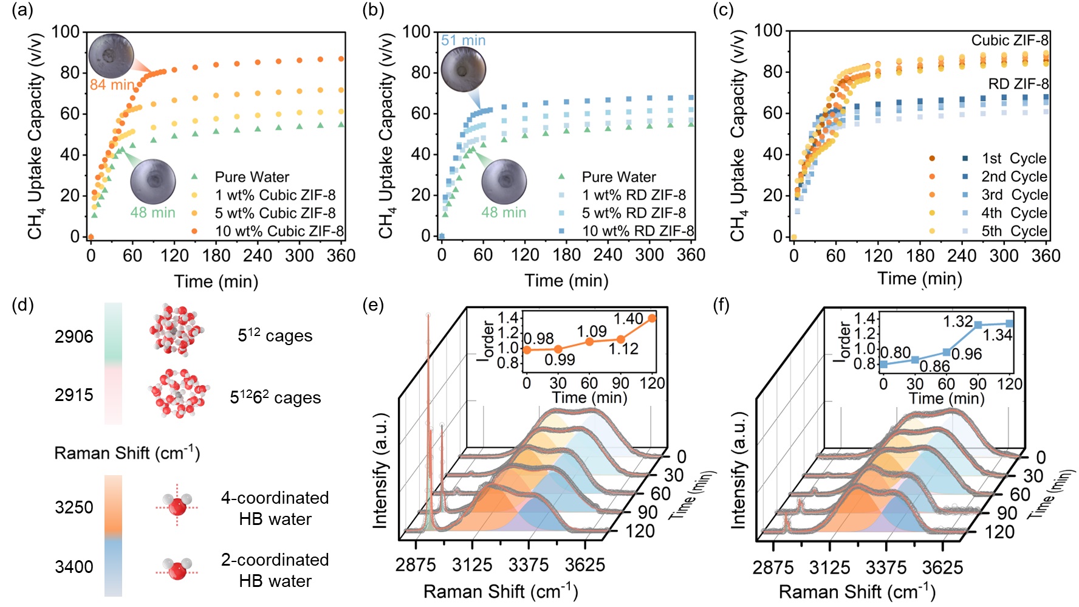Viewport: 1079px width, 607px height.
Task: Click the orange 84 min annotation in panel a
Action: coord(112,84)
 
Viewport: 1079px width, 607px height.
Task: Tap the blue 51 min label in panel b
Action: coord(463,41)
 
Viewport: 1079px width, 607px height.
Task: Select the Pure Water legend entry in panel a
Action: coord(252,177)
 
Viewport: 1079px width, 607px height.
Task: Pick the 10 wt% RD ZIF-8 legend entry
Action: coord(638,231)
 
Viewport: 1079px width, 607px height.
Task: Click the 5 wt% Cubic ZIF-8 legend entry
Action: coord(275,213)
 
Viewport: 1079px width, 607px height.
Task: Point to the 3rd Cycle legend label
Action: coord(1014,195)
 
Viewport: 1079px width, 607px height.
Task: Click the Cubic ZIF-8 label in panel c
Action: coord(1009,41)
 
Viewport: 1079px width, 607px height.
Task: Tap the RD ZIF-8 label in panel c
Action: coord(1018,84)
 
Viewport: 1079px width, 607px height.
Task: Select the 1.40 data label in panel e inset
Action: coord(628,319)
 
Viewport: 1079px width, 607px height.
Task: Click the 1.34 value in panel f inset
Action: coord(997,335)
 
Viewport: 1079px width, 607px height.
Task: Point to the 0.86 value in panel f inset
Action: coord(934,366)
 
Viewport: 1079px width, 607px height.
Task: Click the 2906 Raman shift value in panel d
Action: coord(74,337)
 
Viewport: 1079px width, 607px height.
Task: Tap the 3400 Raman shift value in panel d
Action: coord(74,567)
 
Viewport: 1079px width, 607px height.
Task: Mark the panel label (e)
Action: coord(372,304)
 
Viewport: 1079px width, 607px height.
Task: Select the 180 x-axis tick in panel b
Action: coord(566,255)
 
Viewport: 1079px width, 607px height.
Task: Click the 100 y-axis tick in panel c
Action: coord(768,31)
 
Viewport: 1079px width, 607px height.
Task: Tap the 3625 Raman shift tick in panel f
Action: coord(942,568)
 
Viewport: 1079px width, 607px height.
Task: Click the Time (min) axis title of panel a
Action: coord(216,281)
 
